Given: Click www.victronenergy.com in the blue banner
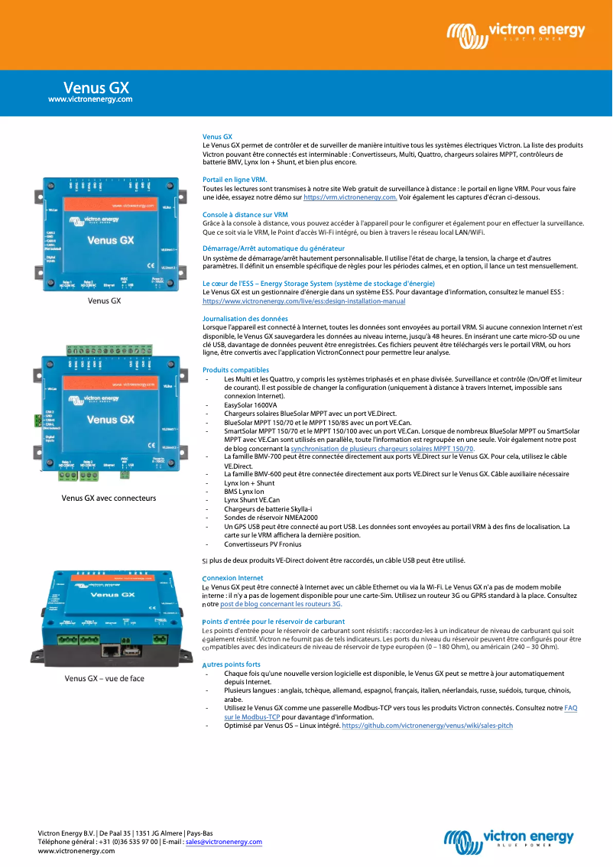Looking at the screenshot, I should coord(90,99).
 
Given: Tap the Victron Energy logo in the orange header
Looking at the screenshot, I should coord(516,33).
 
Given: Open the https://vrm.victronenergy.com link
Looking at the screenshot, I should coord(350,197).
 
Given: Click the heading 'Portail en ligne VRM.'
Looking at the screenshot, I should coord(235,180).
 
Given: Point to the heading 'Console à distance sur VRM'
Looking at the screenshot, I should coord(245,215).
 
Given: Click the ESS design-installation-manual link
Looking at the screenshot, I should coord(303,301).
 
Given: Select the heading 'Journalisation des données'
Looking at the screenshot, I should coord(245,318).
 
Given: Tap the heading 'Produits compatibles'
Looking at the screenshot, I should coord(235,370).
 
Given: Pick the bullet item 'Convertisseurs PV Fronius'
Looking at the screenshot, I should coord(262,544).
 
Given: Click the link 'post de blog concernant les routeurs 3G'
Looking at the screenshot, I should coord(281,603).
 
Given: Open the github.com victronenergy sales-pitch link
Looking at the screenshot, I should coord(427,725).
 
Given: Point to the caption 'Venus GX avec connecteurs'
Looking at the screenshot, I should coord(109,498).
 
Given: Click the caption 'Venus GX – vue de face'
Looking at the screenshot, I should coord(104,678).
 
